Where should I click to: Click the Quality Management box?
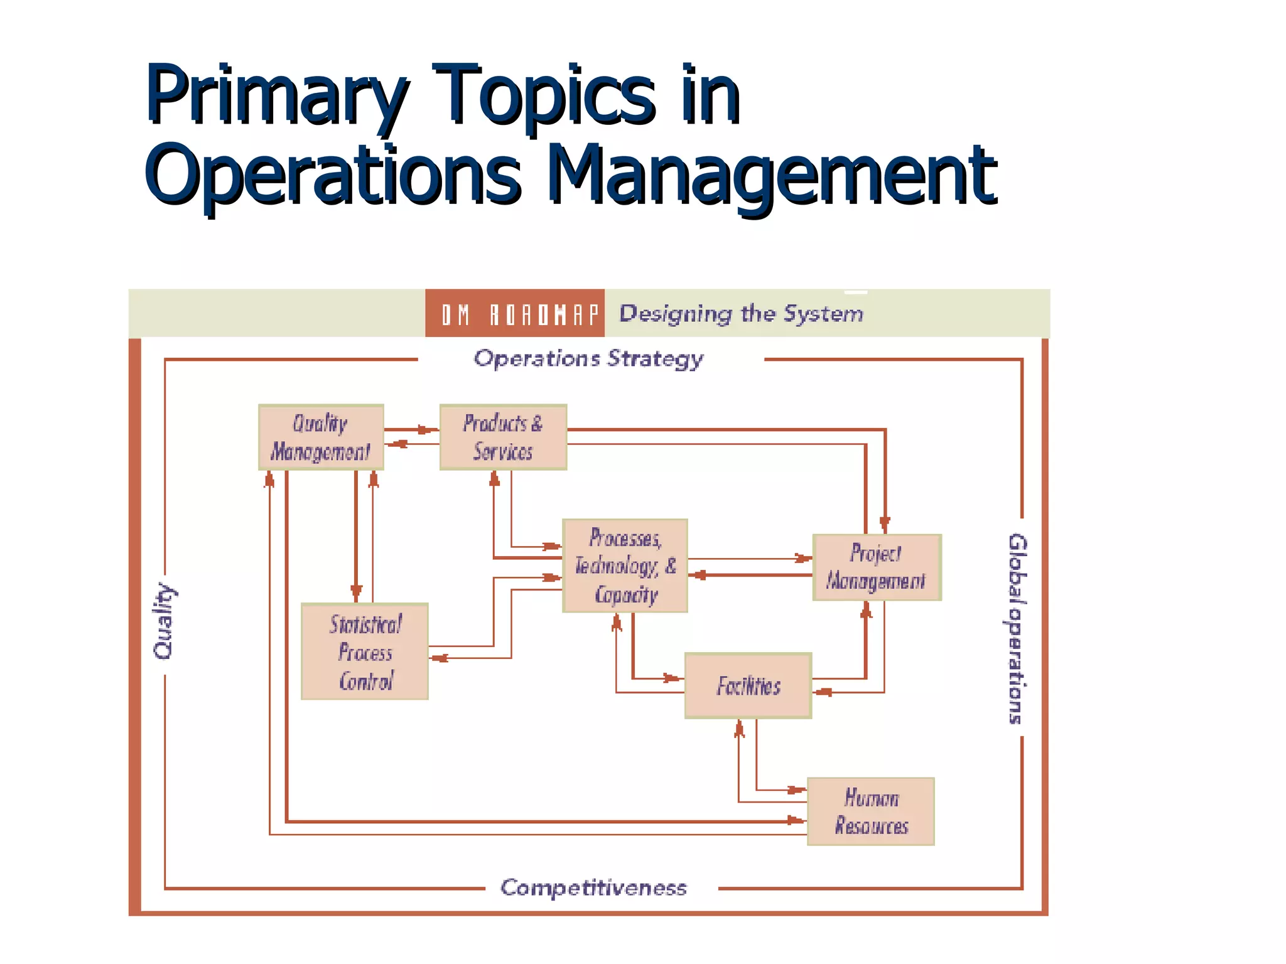[x=321, y=437]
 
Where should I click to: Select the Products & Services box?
[x=503, y=437]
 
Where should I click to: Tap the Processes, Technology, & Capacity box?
[x=625, y=565]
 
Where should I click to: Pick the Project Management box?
[x=877, y=567]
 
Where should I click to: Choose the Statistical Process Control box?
[x=365, y=651]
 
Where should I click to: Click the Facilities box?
[x=748, y=685]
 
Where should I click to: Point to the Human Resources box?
[x=871, y=811]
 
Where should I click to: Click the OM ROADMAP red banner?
[x=515, y=313]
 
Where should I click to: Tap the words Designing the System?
[x=741, y=313]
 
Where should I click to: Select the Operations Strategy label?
[x=588, y=359]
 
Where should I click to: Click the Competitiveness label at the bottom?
[x=593, y=887]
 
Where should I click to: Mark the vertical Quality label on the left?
[x=164, y=621]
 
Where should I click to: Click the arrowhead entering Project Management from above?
[x=885, y=524]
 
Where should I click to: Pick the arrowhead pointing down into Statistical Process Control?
[x=356, y=591]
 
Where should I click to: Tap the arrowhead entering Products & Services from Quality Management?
[x=428, y=430]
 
